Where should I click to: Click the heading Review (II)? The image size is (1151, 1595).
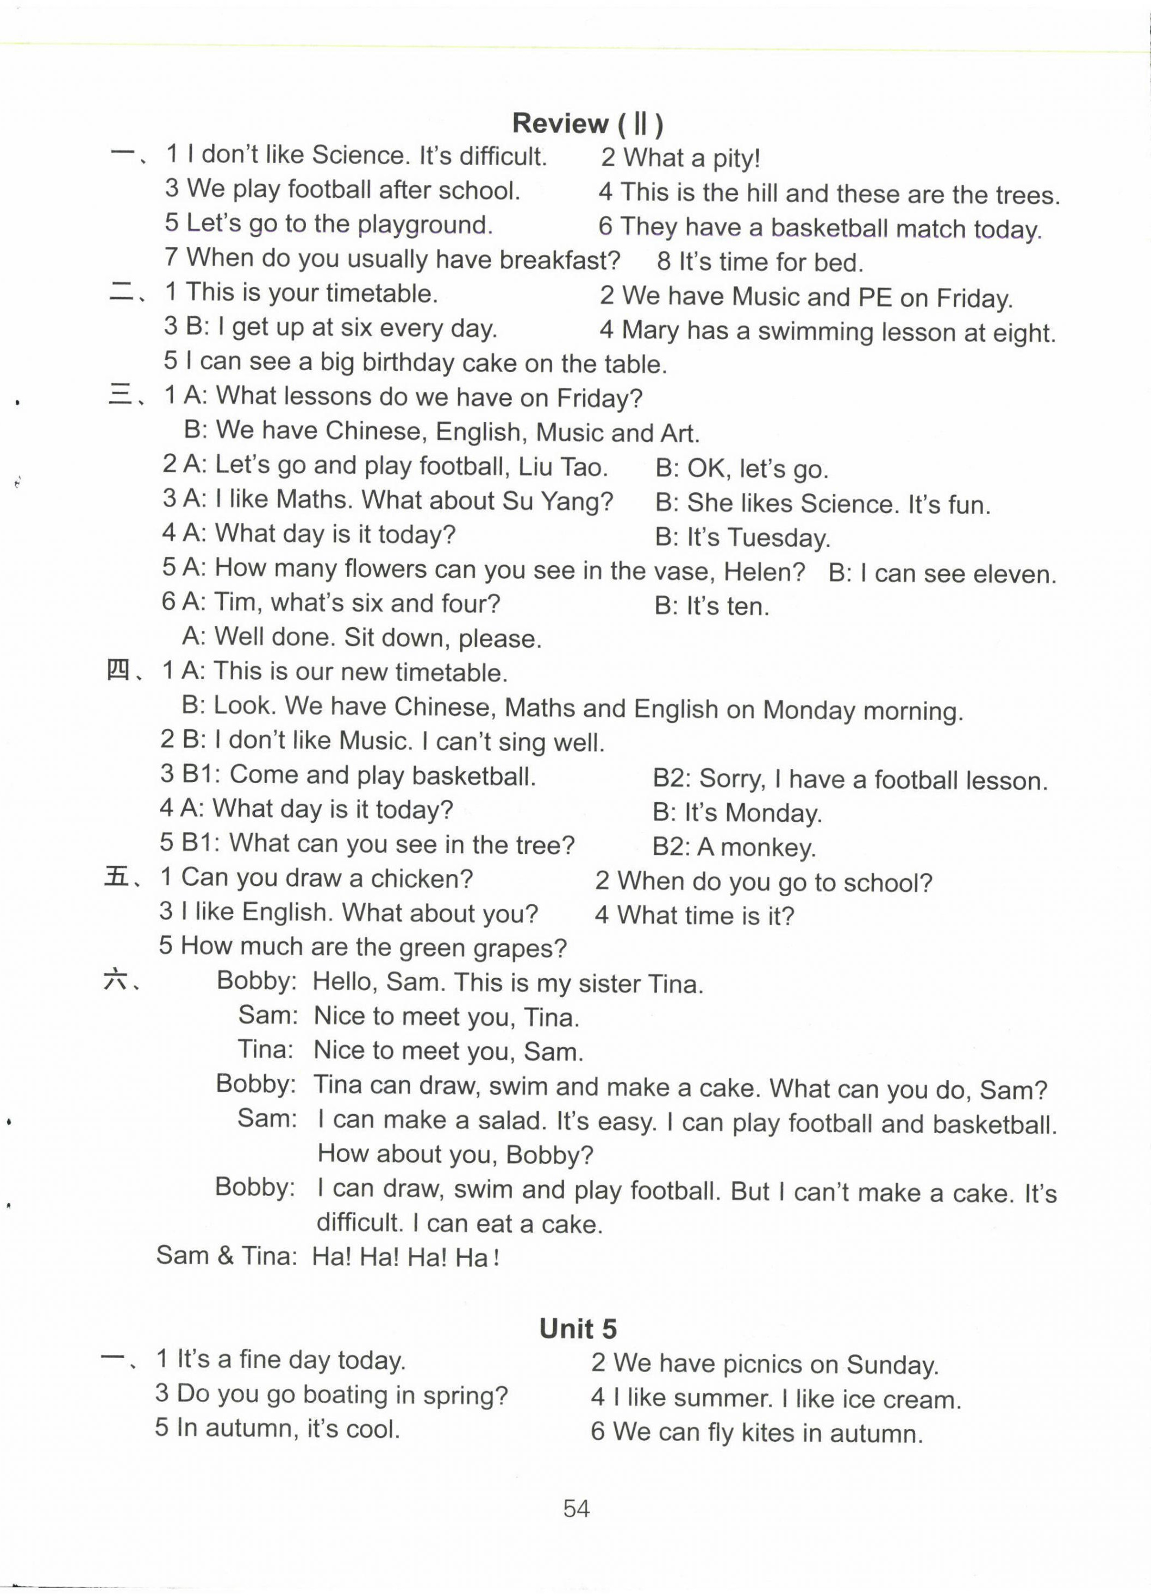tap(587, 124)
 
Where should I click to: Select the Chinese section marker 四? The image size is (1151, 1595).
tap(117, 672)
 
